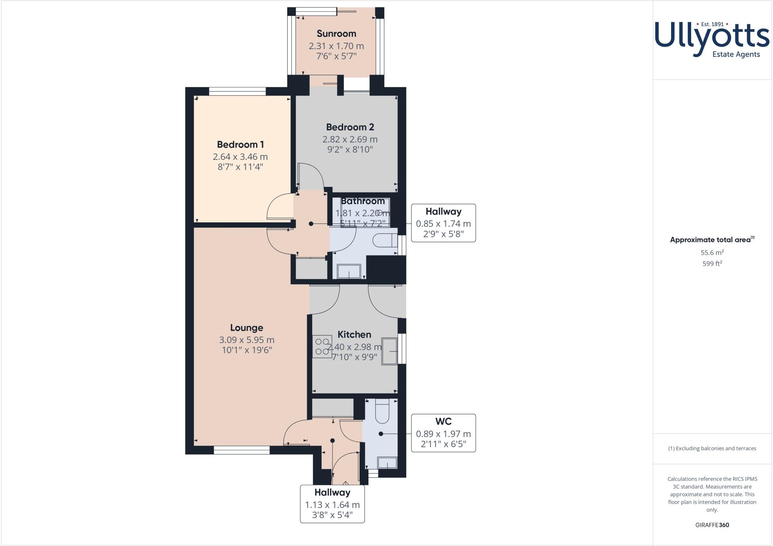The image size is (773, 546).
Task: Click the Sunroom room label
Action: coord(336,34)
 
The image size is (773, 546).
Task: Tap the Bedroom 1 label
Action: coord(240,144)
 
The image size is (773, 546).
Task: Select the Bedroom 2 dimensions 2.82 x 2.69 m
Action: coord(350,139)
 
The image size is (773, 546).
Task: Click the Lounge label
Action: coord(246,328)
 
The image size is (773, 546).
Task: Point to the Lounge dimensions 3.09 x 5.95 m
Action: coord(246,340)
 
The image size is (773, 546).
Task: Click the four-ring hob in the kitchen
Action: coord(322,347)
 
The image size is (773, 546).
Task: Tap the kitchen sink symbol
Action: coord(390,351)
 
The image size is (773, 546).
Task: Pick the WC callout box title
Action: coord(443,421)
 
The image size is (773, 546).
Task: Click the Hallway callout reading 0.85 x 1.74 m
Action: coord(443,223)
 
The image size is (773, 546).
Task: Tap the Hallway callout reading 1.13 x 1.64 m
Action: coord(332,504)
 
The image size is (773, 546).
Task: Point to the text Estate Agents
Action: coord(736,54)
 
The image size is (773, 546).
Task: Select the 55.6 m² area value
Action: coord(712,253)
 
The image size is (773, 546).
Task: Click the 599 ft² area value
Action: coord(712,264)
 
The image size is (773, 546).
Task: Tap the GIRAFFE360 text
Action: coord(712,525)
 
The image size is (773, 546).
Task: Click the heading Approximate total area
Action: coord(710,240)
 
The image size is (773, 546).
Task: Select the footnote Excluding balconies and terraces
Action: coord(712,449)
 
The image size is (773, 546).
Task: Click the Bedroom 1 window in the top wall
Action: coord(237,91)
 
